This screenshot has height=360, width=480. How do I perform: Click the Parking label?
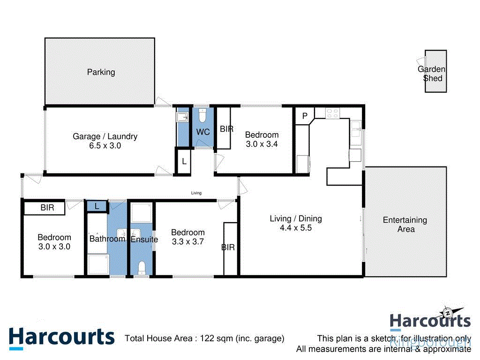click(101, 72)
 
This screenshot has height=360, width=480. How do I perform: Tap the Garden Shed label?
click(432, 74)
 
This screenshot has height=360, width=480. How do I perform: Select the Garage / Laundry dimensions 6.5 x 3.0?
click(105, 146)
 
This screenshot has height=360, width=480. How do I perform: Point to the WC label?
click(203, 132)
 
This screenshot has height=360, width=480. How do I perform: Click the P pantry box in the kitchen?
click(304, 116)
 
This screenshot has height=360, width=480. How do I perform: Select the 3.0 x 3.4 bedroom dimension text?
click(262, 144)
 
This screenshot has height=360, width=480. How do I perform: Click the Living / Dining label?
click(296, 218)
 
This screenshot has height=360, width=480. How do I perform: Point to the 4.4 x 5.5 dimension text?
click(296, 228)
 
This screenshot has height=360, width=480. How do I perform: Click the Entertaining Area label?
click(405, 225)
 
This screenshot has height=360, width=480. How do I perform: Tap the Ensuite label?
click(144, 240)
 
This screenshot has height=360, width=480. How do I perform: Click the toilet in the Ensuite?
click(141, 267)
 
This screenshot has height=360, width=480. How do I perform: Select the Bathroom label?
click(107, 239)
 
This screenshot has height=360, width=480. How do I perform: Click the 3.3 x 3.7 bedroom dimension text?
click(187, 242)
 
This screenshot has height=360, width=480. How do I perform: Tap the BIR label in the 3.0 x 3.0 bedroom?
click(47, 208)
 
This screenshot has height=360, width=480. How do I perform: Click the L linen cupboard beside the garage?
click(184, 161)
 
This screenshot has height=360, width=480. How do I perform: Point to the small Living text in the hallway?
click(196, 193)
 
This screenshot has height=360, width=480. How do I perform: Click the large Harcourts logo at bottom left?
click(61, 337)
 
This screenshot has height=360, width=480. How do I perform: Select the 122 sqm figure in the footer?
click(216, 338)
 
